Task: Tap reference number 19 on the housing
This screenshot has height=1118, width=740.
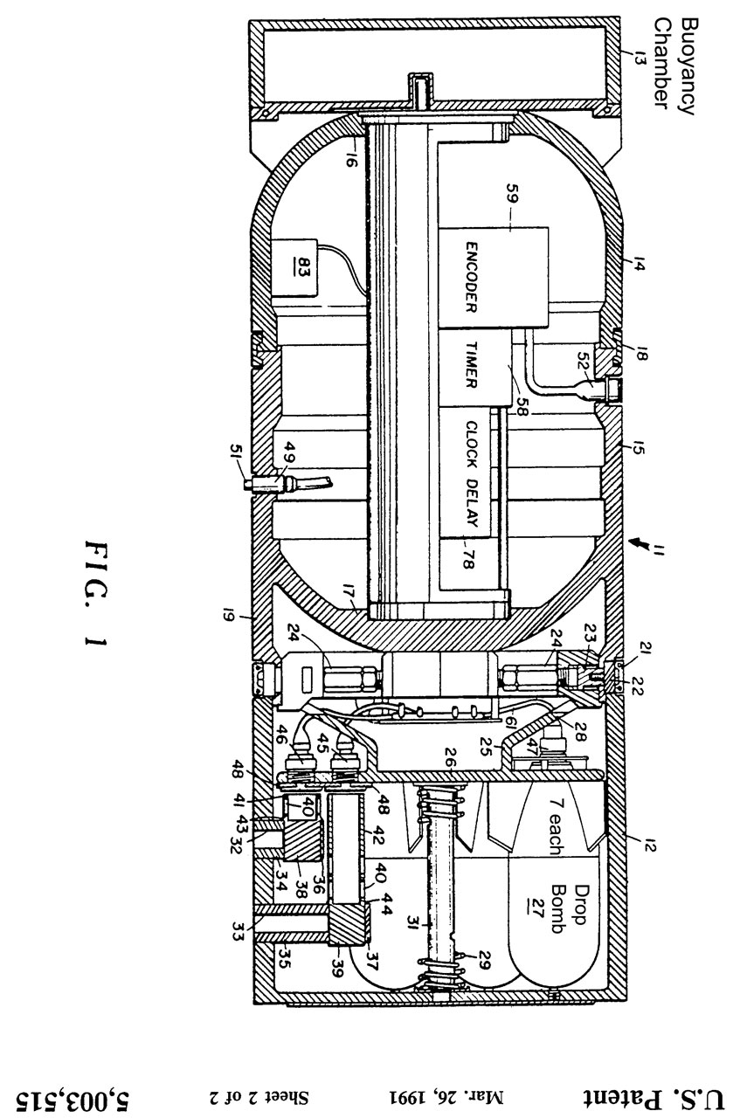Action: click(x=231, y=623)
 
